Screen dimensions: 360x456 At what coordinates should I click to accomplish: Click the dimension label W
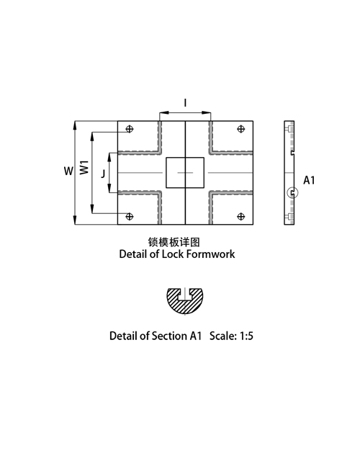tap(68, 171)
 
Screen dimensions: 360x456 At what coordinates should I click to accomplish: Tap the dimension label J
tap(103, 174)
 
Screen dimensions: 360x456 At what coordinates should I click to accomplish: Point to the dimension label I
tap(185, 103)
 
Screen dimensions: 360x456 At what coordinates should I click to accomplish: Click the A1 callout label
tap(309, 180)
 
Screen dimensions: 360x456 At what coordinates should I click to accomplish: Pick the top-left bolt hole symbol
tap(130, 129)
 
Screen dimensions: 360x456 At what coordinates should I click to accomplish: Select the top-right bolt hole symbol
tap(241, 129)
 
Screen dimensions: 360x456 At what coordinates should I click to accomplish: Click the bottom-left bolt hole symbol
tap(130, 216)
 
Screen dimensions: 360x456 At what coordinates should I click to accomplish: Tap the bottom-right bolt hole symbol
tap(241, 216)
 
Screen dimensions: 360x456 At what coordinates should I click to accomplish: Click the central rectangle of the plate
tap(166, 173)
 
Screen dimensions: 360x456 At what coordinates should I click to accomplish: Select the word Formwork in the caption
tap(210, 254)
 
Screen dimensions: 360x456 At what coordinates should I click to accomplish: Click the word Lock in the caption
tap(173, 254)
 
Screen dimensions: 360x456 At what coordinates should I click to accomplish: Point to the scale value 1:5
tap(246, 336)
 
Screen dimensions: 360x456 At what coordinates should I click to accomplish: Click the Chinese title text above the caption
tap(174, 242)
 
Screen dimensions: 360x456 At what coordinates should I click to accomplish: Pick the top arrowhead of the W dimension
tap(75, 125)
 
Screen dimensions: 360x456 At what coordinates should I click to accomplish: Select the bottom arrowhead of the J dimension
tap(109, 188)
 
